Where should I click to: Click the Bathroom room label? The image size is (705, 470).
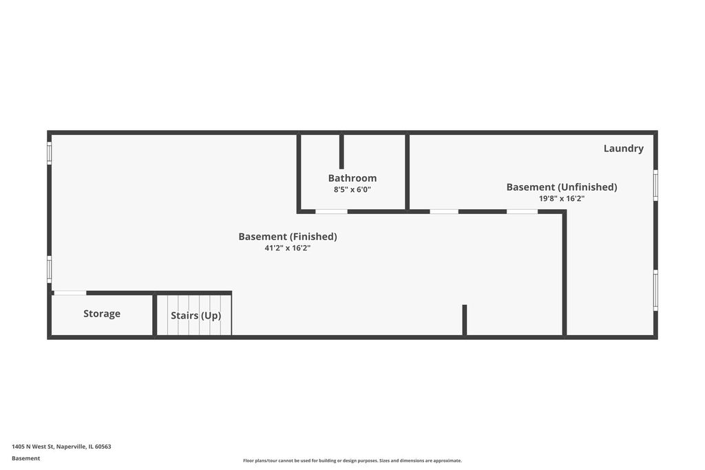352,178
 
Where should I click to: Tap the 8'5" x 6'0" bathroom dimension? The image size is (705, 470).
352,190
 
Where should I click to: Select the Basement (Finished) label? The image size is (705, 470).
287,237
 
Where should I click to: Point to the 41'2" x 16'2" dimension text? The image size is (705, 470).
287,248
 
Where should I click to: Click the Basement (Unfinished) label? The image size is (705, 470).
562,187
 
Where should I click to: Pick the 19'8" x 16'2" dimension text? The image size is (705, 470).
562,199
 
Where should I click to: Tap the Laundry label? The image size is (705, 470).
623,148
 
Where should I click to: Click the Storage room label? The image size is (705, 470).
102,314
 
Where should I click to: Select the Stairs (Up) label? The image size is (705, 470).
196,315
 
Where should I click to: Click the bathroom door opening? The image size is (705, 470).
331,211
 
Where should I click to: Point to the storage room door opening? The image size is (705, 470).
70,293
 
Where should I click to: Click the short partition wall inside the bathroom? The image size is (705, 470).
341,151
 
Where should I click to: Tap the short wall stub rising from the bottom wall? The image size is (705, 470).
465,320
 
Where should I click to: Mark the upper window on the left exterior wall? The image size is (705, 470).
49,153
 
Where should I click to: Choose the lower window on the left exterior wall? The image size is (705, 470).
49,269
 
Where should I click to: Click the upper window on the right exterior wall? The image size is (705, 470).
655,185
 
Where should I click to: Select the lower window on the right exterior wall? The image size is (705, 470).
655,290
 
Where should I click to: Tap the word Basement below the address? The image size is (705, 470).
25,458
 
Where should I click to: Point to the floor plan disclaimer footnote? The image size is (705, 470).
352,460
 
